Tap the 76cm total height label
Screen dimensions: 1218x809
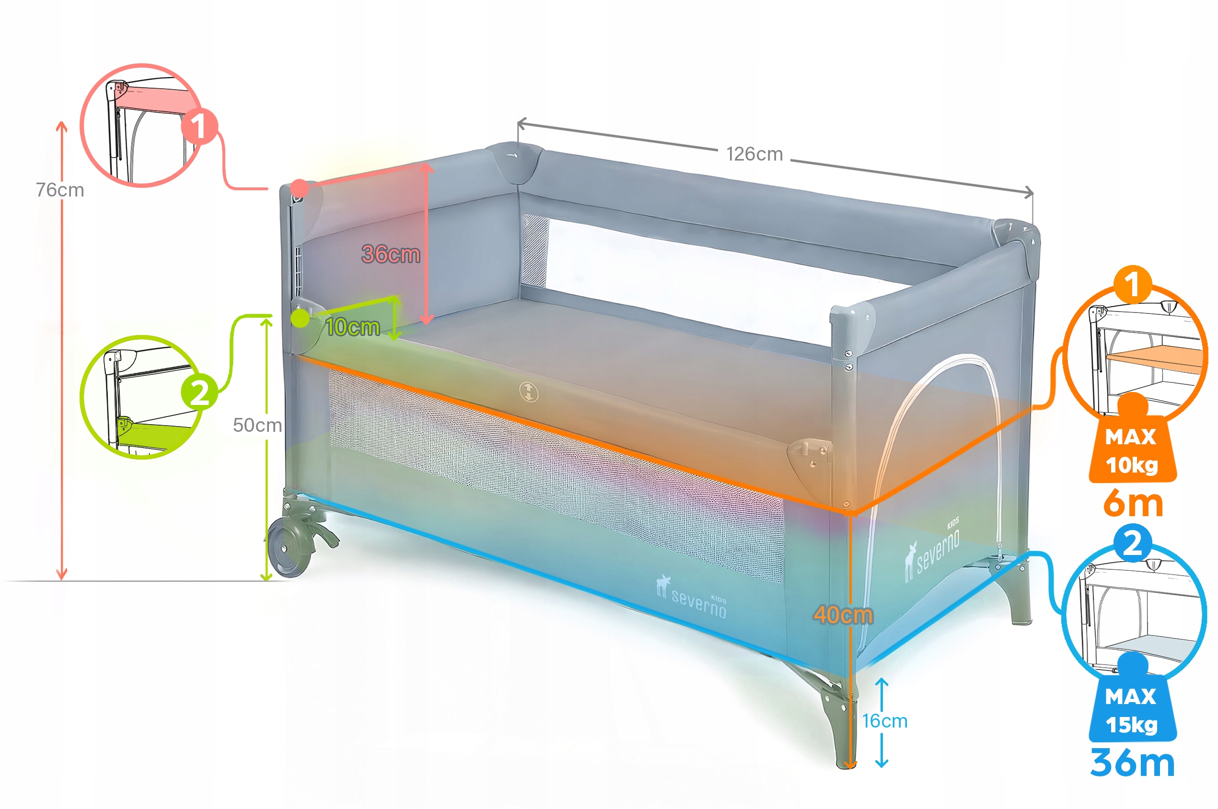(60, 190)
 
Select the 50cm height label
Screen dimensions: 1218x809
(257, 425)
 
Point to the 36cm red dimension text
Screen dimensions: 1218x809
(391, 254)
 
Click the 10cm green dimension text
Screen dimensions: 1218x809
(353, 327)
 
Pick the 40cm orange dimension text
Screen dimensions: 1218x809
(843, 615)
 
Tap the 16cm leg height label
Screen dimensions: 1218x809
(885, 721)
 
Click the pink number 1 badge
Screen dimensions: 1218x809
(198, 126)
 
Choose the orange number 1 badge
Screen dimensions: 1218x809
(1132, 284)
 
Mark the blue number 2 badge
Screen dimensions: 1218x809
(1132, 543)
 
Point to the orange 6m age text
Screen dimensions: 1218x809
(1133, 503)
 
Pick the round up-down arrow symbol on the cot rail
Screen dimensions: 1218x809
(529, 392)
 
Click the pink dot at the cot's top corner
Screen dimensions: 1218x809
(299, 188)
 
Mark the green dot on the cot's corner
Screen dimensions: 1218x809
(300, 318)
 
